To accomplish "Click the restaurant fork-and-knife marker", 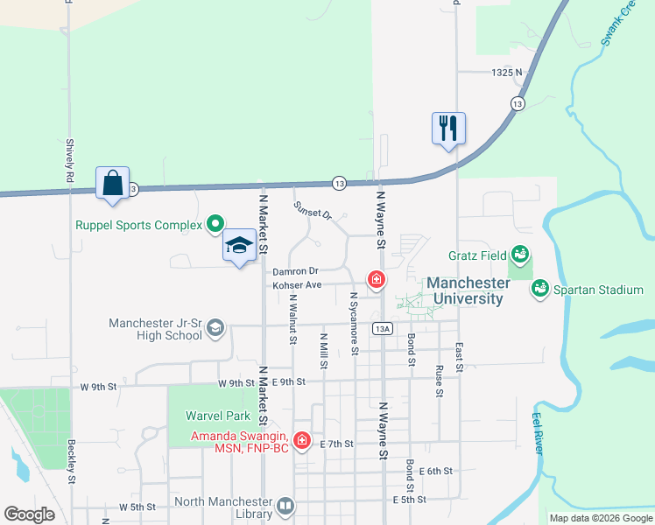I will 448,129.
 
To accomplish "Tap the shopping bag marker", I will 113,183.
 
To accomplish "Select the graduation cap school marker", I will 239,246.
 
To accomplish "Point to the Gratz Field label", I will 476,255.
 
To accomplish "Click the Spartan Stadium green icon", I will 539,288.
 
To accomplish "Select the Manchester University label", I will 468,290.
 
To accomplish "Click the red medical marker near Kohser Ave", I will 377,280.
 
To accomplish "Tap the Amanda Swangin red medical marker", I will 302,439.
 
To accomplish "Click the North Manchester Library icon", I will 285,506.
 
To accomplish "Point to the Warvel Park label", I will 218,416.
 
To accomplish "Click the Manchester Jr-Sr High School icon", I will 215,328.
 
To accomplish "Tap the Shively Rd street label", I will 69,160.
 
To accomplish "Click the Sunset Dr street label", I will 313,212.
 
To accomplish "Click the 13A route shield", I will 381,328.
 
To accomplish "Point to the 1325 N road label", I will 506,73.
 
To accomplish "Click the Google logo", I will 29,514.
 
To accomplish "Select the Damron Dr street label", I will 295,272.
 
